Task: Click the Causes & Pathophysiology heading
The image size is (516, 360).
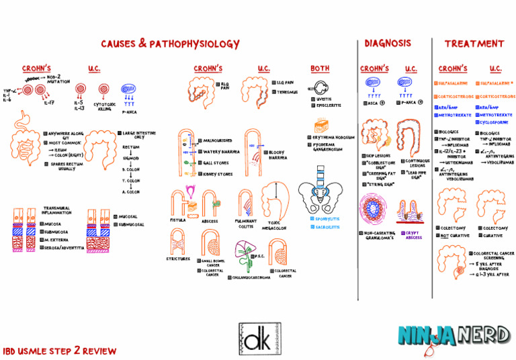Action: (x=170, y=44)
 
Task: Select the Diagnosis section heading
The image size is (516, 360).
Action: (x=388, y=44)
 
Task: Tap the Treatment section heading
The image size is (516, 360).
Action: (x=474, y=44)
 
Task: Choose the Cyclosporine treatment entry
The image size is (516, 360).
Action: (x=497, y=123)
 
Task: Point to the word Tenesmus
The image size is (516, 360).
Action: (x=286, y=92)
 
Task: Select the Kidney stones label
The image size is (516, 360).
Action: (x=218, y=174)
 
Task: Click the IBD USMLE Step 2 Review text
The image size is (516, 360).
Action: (x=59, y=351)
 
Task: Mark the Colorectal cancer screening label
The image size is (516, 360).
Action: (x=493, y=256)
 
